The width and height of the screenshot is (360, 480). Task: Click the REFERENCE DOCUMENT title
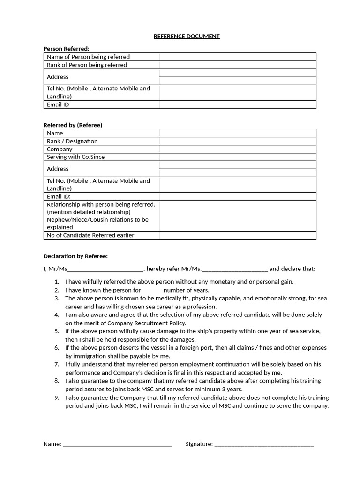187,36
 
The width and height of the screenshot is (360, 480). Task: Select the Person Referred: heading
66,49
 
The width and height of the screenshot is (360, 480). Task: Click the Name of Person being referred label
88,57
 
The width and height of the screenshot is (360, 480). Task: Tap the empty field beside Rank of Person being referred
237,65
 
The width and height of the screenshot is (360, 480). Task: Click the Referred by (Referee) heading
73,125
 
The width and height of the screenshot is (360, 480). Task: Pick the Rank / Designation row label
72,141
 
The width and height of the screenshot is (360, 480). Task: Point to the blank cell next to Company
237,149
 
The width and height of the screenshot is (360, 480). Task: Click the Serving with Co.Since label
75,157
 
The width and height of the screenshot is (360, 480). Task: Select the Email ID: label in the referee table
59,197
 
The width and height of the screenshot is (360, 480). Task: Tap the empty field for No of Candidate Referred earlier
237,235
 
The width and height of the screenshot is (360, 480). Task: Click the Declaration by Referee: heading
75,256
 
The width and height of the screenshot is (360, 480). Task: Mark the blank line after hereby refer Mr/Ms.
235,270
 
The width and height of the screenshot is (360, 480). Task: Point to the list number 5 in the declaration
57,331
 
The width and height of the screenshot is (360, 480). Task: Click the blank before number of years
151,291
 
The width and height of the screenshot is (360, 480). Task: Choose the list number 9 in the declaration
57,397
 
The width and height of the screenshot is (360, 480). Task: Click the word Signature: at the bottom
199,444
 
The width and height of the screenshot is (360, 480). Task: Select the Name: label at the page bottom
52,444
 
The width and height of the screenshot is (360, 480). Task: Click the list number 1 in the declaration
57,282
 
